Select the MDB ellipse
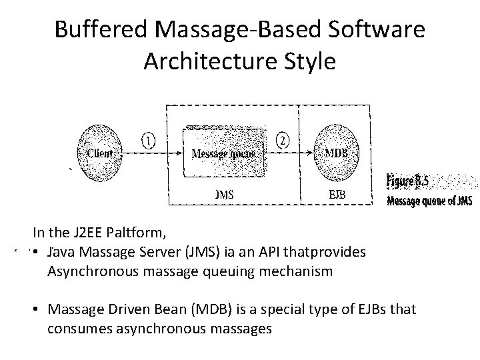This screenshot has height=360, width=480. [x=335, y=153]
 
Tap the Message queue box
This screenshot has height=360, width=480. [x=223, y=153]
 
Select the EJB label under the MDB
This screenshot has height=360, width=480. [x=337, y=195]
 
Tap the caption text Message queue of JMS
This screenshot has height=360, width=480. [x=429, y=201]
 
